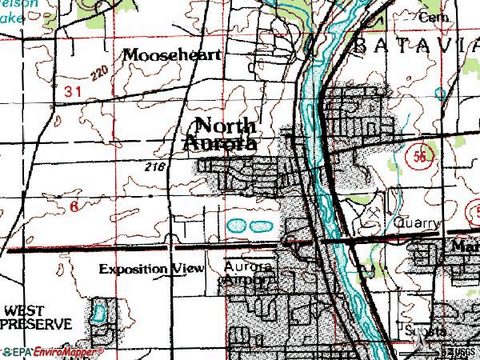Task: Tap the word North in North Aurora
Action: point(226,126)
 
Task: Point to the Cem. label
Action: point(429,18)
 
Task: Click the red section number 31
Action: point(73,92)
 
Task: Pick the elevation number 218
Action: point(157,166)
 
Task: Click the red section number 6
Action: point(74,206)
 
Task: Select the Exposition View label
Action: point(151,269)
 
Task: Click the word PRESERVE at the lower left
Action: point(37,325)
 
